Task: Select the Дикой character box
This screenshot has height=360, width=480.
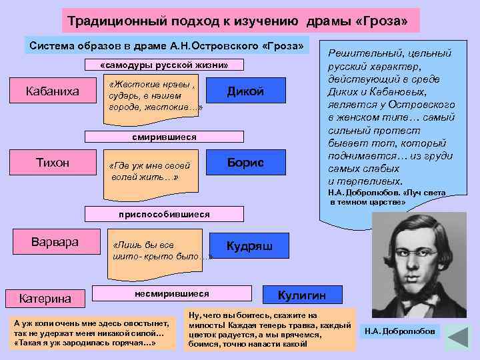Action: (x=246, y=91)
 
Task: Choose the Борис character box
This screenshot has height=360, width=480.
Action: (x=246, y=163)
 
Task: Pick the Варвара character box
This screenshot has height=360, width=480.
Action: (x=56, y=242)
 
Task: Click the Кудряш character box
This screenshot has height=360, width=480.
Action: (x=249, y=245)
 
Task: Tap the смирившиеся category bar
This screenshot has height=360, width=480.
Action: (x=163, y=137)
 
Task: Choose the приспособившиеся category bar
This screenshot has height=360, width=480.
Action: (x=163, y=214)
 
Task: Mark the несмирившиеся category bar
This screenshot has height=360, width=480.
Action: (x=171, y=293)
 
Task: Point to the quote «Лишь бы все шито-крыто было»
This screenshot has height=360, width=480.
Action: (x=157, y=250)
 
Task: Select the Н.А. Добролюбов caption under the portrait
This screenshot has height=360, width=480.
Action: (x=399, y=331)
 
